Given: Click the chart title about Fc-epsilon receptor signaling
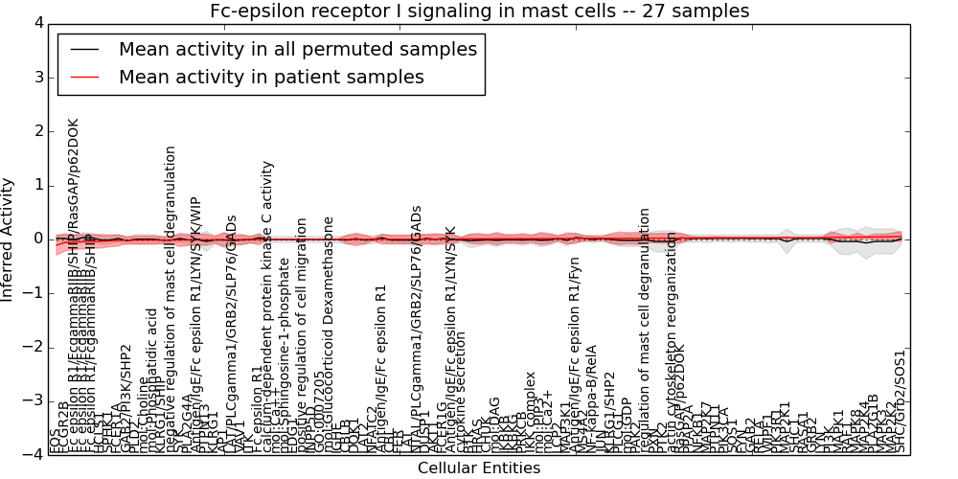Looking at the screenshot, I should (479, 11).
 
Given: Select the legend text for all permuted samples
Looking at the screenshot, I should (297, 49).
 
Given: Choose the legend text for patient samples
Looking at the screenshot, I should (271, 77).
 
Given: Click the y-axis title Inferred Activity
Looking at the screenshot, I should (9, 239).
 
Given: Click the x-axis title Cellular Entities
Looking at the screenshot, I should (479, 468).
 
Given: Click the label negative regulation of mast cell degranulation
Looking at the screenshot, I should (171, 297).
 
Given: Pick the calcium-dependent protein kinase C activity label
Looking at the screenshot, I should (268, 307).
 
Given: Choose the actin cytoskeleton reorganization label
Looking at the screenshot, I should (672, 345).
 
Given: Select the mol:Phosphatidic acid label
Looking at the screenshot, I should (151, 381).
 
